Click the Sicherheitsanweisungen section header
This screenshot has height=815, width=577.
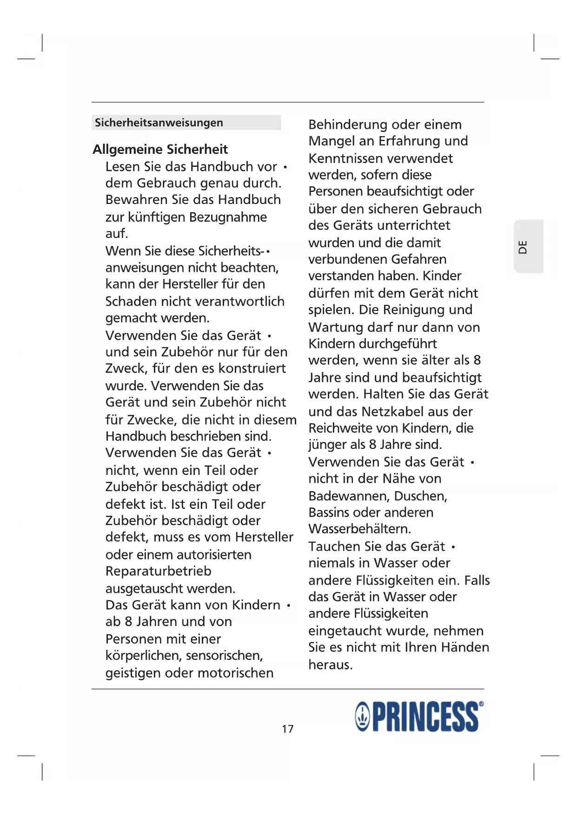pyautogui.click(x=159, y=123)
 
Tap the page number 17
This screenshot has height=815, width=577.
pyautogui.click(x=288, y=729)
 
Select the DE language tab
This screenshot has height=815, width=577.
pyautogui.click(x=524, y=247)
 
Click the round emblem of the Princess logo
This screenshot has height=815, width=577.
pyautogui.click(x=363, y=717)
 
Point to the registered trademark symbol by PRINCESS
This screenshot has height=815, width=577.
pyautogui.click(x=481, y=704)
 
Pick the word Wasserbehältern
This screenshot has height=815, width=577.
pyautogui.click(x=359, y=529)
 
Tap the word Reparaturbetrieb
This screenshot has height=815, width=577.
pyautogui.click(x=158, y=571)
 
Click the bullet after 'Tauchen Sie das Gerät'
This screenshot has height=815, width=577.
pyautogui.click(x=453, y=547)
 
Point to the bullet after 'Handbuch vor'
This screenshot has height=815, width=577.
pyautogui.click(x=285, y=167)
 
